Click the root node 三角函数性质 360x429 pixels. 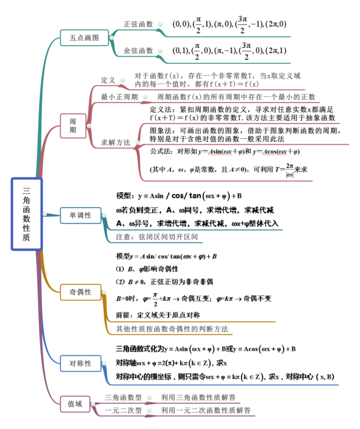click(27, 214)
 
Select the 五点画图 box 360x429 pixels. click(84, 38)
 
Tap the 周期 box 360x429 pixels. click(73, 125)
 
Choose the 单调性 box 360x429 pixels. click(80, 216)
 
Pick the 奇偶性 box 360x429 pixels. click(80, 292)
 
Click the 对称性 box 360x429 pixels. click(80, 363)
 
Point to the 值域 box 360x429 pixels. click(75, 404)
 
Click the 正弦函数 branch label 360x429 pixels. click(138, 24)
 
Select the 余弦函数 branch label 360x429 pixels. click(138, 51)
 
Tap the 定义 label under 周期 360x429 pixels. click(108, 80)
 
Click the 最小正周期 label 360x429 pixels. click(120, 97)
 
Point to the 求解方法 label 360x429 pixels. click(115, 143)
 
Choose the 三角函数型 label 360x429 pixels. click(123, 397)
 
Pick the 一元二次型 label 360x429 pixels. click(123, 410)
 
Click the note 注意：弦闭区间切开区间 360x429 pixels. click(157, 237)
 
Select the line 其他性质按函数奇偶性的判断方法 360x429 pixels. click(172, 329)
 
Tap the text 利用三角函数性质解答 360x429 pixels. click(198, 397)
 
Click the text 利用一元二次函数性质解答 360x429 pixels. click(205, 410)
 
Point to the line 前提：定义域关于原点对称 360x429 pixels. click(158, 315)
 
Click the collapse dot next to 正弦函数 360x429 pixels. click(160, 24)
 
